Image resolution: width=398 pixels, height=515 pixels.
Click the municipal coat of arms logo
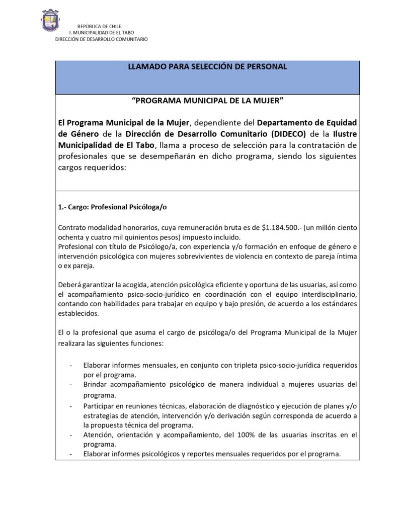point(50,21)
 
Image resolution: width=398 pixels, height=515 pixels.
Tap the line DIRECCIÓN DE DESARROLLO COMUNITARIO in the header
point(101,39)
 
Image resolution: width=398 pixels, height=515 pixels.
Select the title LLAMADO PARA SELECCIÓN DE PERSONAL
point(207,67)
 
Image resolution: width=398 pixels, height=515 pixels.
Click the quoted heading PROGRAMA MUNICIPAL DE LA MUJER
point(207,101)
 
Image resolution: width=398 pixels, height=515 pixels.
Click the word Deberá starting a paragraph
point(69,286)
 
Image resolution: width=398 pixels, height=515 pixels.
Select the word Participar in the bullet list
point(100,406)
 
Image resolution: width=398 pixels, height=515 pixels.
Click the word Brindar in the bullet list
point(96,385)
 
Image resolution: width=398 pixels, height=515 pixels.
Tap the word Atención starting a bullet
point(99,435)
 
